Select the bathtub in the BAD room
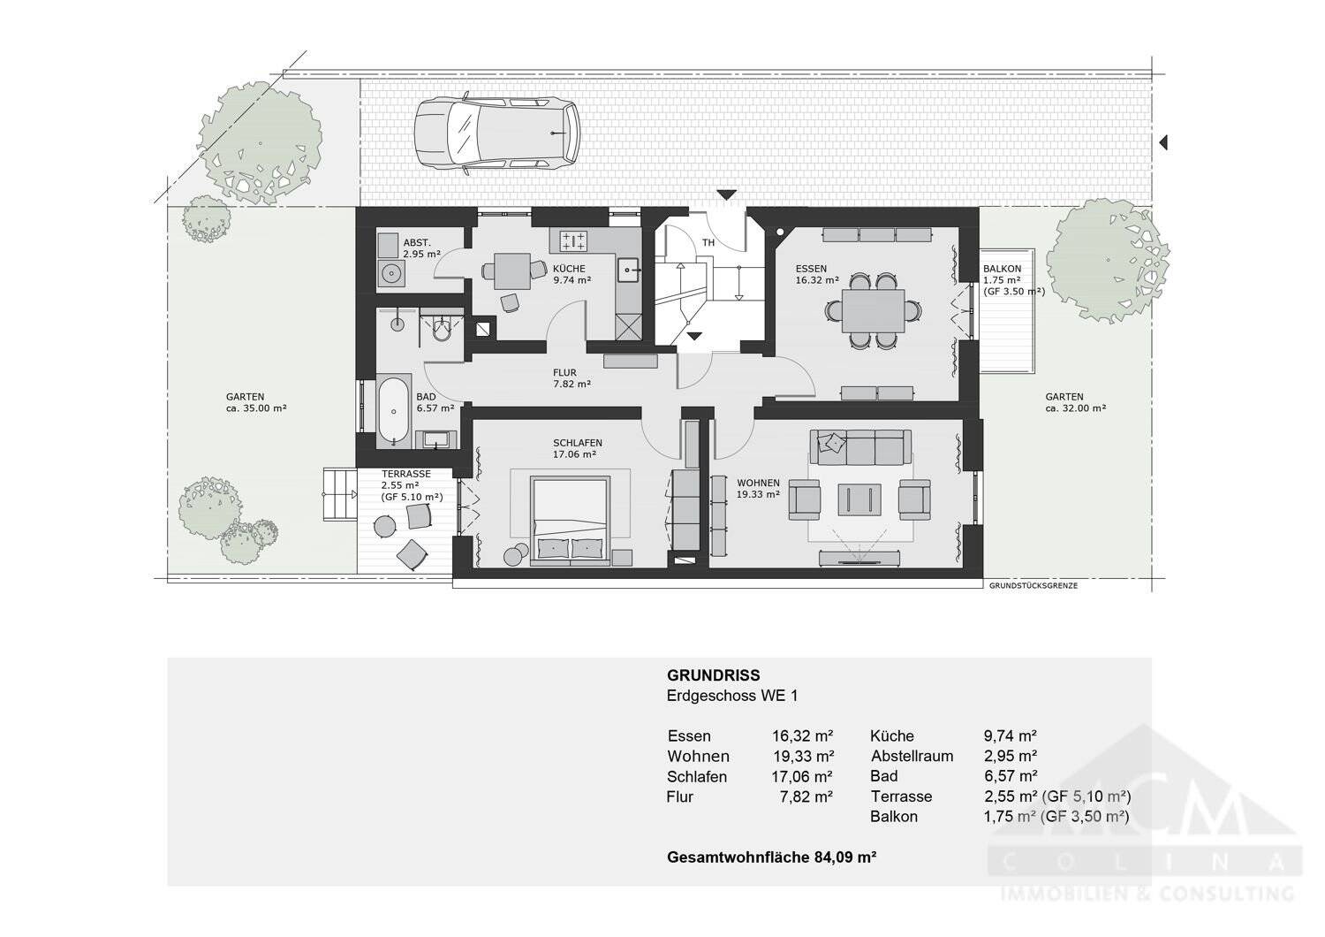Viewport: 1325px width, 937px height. click(x=392, y=409)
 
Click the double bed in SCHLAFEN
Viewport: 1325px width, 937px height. click(x=570, y=519)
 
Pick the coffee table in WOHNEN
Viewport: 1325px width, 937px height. click(x=860, y=499)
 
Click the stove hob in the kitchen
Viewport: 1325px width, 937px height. click(x=573, y=240)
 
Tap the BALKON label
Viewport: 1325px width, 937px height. click(x=1002, y=269)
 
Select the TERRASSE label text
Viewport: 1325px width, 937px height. click(x=405, y=474)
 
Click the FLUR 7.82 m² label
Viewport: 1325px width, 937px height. click(x=572, y=378)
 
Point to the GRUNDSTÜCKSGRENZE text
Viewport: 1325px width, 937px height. click(x=1033, y=585)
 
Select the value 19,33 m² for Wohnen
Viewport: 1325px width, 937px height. click(x=803, y=756)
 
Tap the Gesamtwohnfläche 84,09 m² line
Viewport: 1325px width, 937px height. click(x=771, y=857)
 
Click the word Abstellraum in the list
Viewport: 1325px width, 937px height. click(x=912, y=756)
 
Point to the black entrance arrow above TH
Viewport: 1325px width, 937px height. click(x=726, y=194)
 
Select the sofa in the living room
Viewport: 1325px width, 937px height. click(x=861, y=446)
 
